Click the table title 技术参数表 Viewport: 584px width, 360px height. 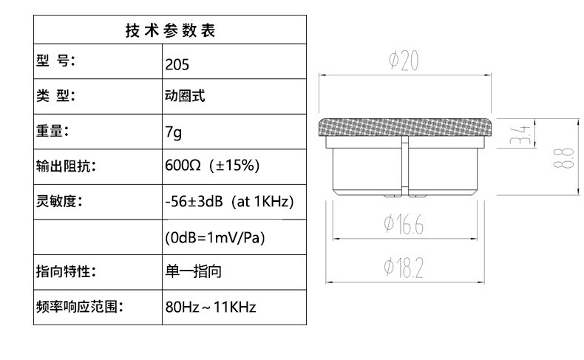pos(170,31)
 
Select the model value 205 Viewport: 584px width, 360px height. pos(177,64)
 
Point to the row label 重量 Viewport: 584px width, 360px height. pos(52,132)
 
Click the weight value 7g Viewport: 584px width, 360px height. pos(173,132)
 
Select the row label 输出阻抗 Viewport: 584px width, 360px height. pos(66,166)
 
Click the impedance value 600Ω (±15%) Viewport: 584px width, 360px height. pos(211,165)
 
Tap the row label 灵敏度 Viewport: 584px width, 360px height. pos(58,200)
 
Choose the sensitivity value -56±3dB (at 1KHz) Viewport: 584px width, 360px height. pos(230,200)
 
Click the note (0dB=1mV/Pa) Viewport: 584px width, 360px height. pos(214,238)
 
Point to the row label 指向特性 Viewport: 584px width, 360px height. pos(66,272)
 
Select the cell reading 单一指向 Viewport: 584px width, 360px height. pos(193,272)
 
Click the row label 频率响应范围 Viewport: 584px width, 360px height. pos(79,306)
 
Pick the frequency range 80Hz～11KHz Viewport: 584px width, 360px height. pos(210,307)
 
